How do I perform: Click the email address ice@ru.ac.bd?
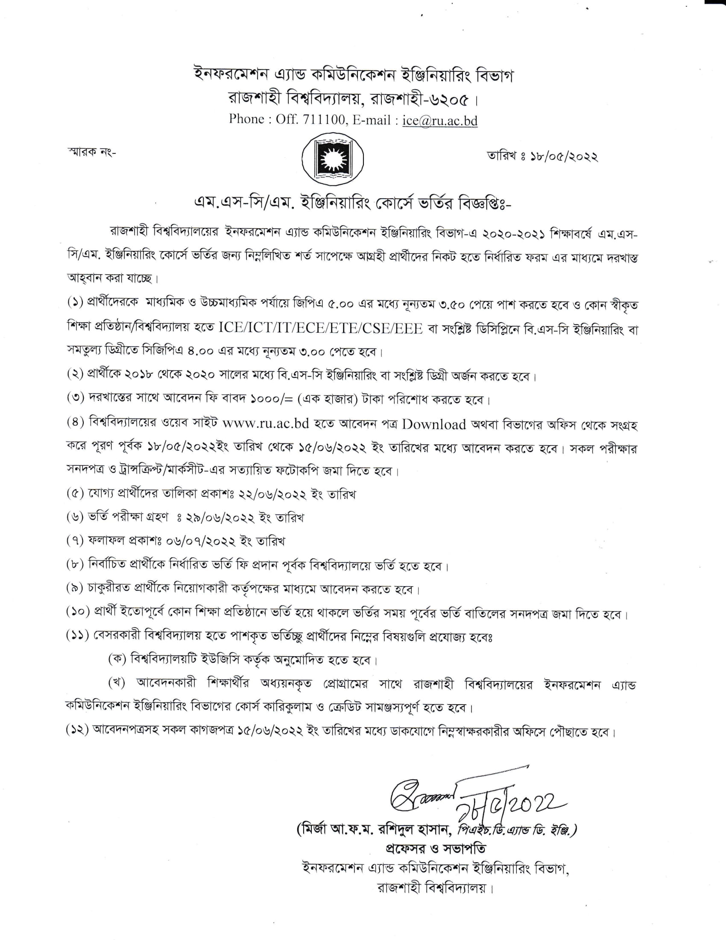pyautogui.click(x=439, y=120)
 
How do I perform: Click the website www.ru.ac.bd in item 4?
pyautogui.click(x=266, y=423)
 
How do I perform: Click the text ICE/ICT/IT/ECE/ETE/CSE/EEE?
pyautogui.click(x=321, y=329)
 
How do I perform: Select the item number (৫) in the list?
pyautogui.click(x=75, y=493)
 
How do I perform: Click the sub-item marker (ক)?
pyautogui.click(x=117, y=659)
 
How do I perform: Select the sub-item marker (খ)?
pyautogui.click(x=117, y=683)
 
